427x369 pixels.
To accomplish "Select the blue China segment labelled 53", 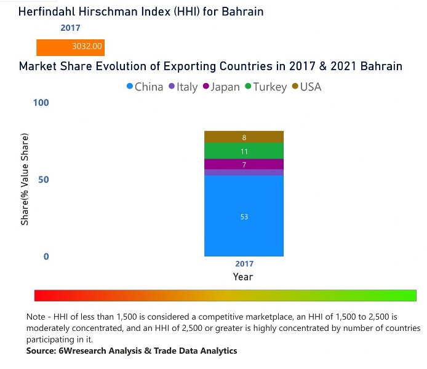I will (x=244, y=216).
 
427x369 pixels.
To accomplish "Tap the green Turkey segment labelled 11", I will (x=244, y=151).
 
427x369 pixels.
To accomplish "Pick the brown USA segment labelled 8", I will (x=244, y=137).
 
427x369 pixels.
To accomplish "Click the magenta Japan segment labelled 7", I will (x=244, y=164).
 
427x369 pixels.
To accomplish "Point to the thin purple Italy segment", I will (x=244, y=173).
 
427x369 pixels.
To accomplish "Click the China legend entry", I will (x=145, y=87).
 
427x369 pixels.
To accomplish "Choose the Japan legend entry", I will (x=221, y=87).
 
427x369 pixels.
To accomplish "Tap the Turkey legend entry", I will (x=266, y=87).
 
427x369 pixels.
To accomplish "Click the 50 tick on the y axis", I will (x=43, y=180).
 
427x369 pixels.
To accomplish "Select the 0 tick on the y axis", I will (x=46, y=256).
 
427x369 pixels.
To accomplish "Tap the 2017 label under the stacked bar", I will (x=244, y=264).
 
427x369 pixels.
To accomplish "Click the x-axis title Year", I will (x=243, y=277).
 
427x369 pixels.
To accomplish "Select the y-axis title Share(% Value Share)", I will (x=25, y=179).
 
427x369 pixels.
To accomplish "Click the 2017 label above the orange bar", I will (x=70, y=28).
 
